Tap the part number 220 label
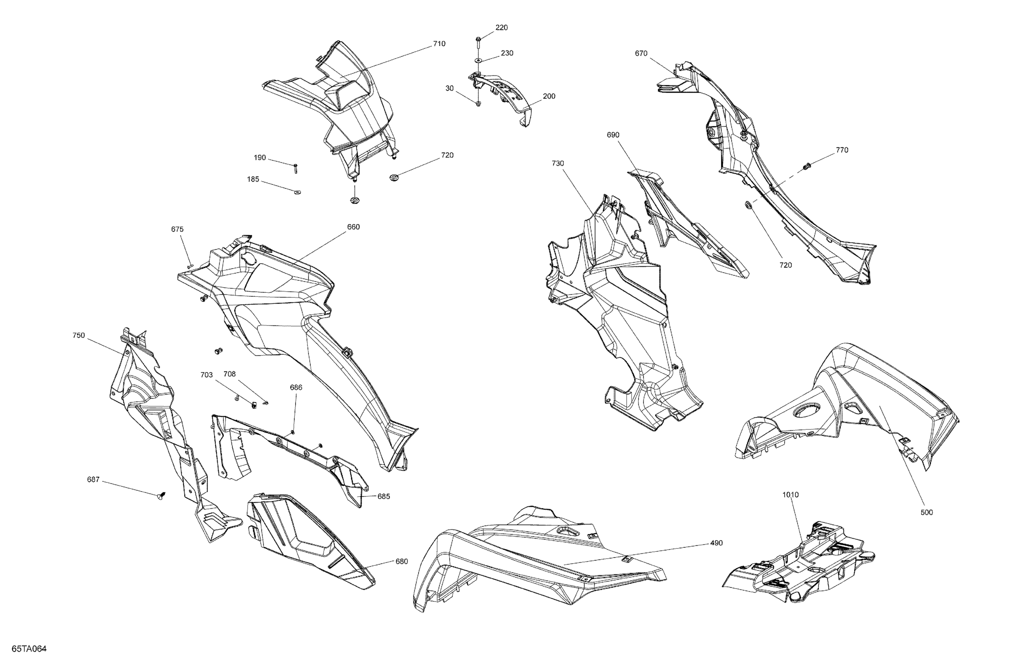click(x=501, y=28)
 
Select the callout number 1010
click(x=790, y=495)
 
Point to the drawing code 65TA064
click(x=29, y=649)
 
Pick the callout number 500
click(x=926, y=512)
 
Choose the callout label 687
click(x=93, y=479)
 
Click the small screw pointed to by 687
click(x=161, y=496)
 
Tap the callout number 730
click(x=558, y=163)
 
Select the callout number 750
click(x=79, y=336)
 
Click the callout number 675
click(x=177, y=229)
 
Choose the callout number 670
click(x=641, y=54)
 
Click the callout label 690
click(x=613, y=135)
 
